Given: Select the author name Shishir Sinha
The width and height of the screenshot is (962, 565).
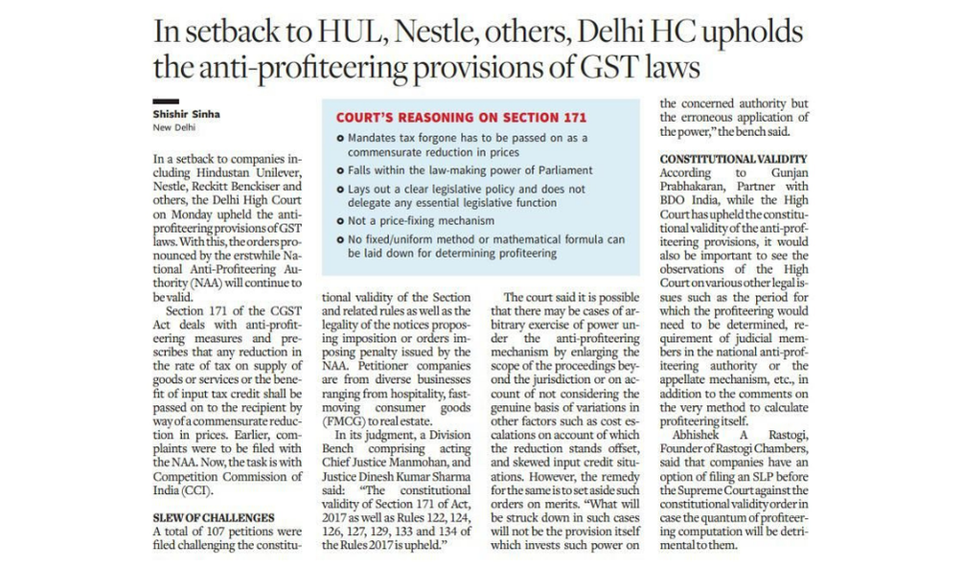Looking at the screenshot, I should tap(186, 114).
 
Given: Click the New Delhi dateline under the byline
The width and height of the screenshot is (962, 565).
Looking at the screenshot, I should tap(174, 127).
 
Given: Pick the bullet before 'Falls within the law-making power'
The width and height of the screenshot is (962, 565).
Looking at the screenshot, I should tap(340, 170).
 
